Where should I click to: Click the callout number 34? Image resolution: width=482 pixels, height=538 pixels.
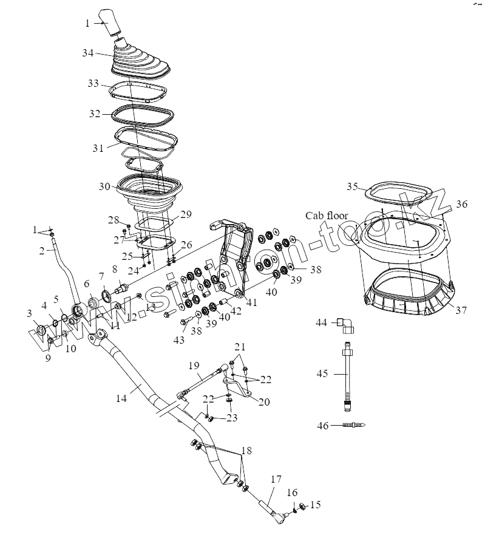coord(87,53)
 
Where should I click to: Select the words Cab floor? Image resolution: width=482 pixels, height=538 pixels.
coord(327,216)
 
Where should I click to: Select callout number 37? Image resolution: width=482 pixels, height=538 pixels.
coord(461,310)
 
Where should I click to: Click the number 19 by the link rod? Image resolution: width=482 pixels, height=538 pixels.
coord(193,366)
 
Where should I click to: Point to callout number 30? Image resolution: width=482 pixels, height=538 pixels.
coord(104,187)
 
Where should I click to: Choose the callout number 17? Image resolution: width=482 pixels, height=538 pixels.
coord(276,479)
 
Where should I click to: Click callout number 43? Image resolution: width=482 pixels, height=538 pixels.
coord(178,340)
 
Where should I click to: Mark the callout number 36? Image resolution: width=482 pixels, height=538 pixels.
coord(462,205)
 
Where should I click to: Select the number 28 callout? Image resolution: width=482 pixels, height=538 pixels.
coord(114,219)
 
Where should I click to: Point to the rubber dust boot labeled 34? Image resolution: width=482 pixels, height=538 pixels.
coord(140,63)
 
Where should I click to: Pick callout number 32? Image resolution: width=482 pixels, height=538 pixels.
coord(94,114)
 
